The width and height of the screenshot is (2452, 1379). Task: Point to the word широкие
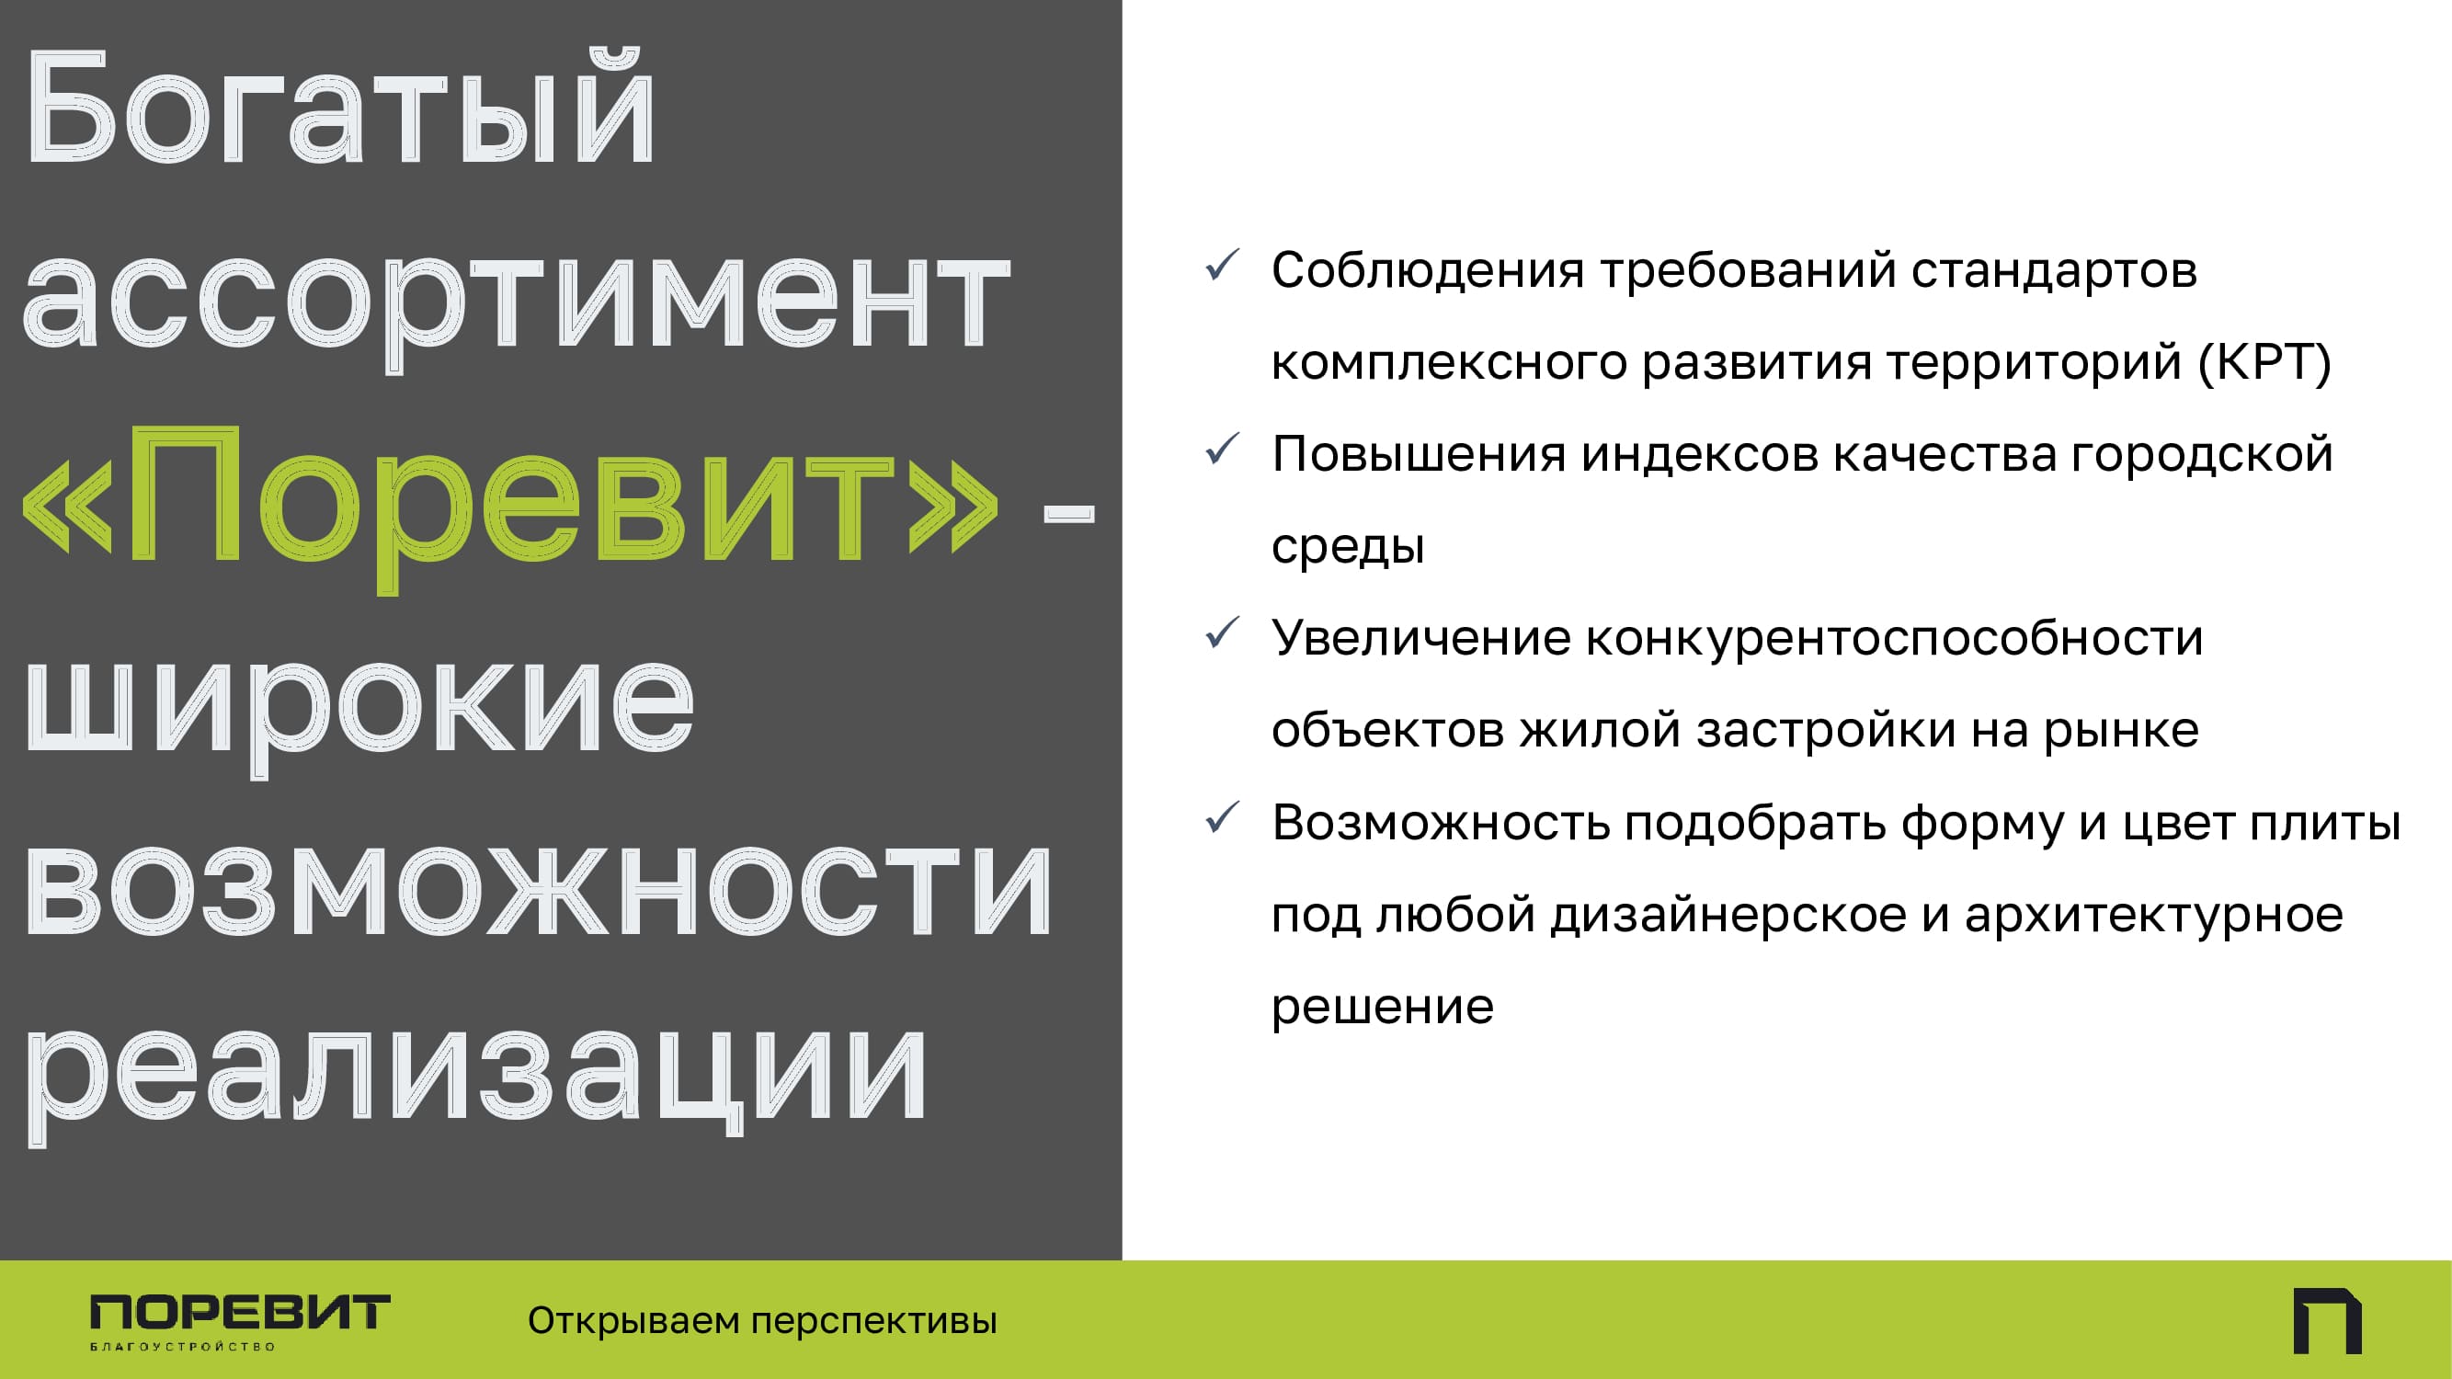(359, 709)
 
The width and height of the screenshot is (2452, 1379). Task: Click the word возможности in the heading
(538, 891)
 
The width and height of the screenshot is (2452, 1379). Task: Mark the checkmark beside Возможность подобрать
(1222, 817)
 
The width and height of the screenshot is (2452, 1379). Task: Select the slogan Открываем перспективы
(762, 1321)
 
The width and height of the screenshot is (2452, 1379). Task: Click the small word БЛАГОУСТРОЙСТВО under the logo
(183, 1347)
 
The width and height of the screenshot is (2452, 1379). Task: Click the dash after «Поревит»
(1069, 513)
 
